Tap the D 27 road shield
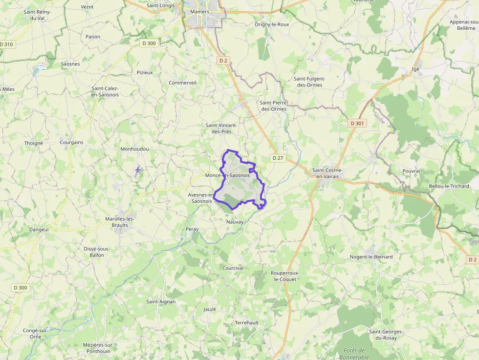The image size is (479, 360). point(278,158)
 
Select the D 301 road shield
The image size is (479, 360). point(357,124)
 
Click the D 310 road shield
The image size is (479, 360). point(7,44)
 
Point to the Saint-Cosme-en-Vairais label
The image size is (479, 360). point(327,173)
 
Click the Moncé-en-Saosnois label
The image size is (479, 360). point(228,175)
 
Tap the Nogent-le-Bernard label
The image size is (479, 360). point(371,256)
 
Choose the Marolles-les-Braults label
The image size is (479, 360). point(120,222)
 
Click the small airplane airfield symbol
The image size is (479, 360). point(138,170)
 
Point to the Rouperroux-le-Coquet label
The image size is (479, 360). point(285,276)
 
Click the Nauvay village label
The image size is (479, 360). point(235,222)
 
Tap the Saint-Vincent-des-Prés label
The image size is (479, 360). point(221,128)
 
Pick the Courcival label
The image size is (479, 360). point(233,268)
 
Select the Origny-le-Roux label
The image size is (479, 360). point(272,24)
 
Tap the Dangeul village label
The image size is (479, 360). point(39,229)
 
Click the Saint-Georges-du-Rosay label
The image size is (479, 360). point(386,335)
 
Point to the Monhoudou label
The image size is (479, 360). point(134,149)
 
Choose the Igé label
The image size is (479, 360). point(416,69)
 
